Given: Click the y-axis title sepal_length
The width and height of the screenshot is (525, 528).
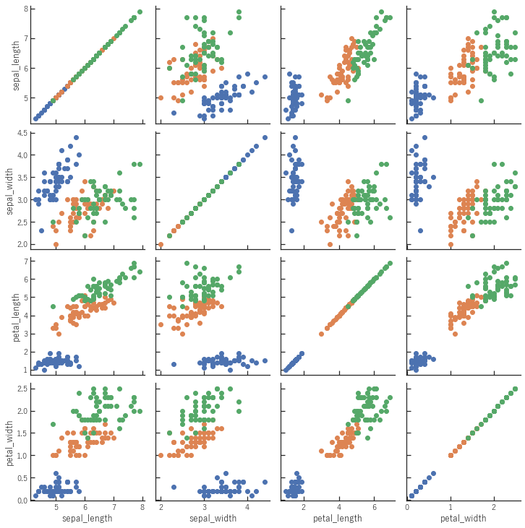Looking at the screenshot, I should (16, 66).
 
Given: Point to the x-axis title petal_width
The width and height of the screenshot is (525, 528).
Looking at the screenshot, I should (462, 518).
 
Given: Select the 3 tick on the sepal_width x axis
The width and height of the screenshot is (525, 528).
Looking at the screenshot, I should (204, 508).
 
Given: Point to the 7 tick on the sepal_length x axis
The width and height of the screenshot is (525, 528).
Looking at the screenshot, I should (114, 508).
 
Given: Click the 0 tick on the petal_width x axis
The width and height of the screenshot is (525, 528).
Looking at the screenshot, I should (407, 508).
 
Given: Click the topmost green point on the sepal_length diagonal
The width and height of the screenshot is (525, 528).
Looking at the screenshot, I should (140, 12).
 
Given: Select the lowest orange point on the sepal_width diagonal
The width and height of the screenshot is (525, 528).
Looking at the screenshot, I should (161, 245).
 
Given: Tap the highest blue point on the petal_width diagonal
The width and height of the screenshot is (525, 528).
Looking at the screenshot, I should (433, 474).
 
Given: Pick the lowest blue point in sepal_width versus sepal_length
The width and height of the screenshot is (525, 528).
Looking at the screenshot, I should (41, 230).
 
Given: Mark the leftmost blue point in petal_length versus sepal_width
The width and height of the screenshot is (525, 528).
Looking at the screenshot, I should (174, 364).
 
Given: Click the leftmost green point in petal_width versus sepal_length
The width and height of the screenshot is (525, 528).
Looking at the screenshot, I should (53, 424).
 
